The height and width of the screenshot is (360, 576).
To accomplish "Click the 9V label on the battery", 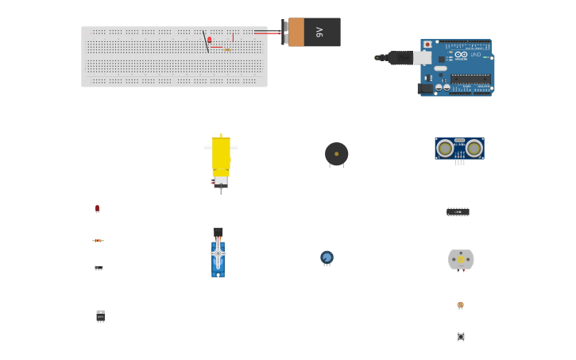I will [319, 32].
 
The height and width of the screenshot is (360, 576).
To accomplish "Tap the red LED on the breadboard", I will [210, 40].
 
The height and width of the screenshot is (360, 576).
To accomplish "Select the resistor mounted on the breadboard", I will [227, 49].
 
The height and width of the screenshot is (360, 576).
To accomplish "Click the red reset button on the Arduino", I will [427, 45].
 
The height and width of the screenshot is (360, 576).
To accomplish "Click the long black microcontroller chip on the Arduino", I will [470, 78].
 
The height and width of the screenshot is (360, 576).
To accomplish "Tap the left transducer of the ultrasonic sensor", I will [445, 148].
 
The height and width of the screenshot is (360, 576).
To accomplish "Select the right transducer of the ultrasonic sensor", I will [474, 148].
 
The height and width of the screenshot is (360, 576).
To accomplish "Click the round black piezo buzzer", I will [336, 153].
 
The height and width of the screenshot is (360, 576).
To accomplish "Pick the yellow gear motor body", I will [221, 154].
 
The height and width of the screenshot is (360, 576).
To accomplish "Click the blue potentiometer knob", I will [327, 257].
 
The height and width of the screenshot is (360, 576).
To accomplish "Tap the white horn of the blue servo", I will [218, 253].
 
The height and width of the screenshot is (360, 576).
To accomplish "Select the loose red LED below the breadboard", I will [98, 208].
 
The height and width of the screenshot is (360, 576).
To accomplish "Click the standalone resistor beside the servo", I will [98, 240].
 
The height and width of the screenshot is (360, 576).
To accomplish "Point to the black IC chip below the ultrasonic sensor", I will [458, 211].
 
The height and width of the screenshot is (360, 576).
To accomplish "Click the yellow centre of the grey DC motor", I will [461, 259].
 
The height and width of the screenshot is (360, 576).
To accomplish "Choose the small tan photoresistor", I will [460, 304].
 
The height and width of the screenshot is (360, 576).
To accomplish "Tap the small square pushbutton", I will [461, 336].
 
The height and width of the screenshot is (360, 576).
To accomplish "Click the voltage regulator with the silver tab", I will [100, 315].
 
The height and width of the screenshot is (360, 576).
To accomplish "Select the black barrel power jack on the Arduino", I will [426, 88].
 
